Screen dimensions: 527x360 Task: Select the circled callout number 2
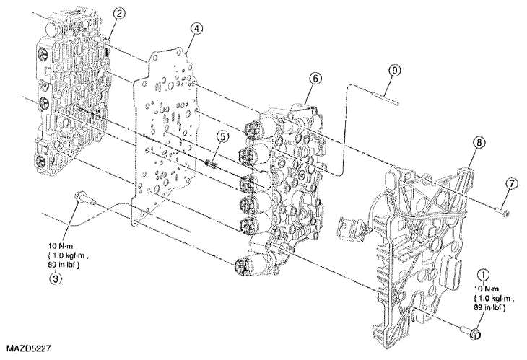tap(119, 14)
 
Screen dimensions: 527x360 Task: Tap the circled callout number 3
tap(56, 278)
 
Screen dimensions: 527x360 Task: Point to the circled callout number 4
tap(196, 29)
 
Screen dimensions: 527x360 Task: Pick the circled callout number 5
tap(222, 136)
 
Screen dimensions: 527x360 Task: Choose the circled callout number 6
tap(315, 79)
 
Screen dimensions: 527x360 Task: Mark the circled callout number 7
tap(511, 184)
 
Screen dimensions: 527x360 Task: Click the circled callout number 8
tap(479, 142)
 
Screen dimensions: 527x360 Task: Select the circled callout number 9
tap(395, 70)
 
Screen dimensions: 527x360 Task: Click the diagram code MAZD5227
tap(28, 348)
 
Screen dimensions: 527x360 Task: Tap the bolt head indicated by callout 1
tap(476, 335)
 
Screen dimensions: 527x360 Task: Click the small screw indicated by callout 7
tap(502, 211)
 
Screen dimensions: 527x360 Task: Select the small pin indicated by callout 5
tap(210, 165)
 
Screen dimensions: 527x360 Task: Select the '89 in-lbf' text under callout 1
tap(489, 307)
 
